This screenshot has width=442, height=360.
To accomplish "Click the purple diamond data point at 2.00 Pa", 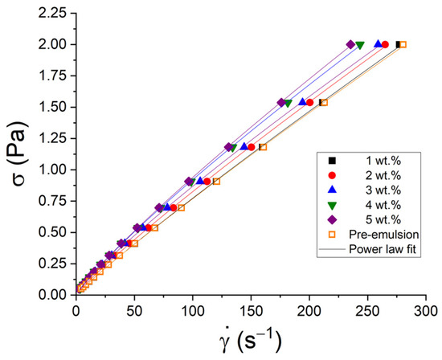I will [x=350, y=45].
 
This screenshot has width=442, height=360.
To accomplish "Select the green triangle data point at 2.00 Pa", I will [x=360, y=45].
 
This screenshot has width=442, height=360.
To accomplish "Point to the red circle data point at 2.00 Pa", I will [x=385, y=45].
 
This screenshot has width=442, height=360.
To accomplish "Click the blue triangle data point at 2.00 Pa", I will [x=378, y=44].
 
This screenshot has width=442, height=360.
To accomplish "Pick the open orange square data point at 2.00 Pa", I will [x=403, y=45].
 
